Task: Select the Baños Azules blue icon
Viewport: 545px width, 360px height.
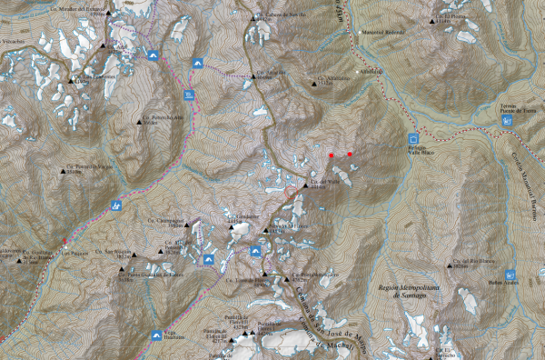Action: pos(510,273)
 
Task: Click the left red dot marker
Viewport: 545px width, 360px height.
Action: pos(332,155)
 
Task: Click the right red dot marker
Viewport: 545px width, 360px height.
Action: pos(350,155)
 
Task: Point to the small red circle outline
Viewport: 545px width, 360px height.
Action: pos(291,192)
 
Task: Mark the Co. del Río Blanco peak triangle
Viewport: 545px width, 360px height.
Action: pos(445,266)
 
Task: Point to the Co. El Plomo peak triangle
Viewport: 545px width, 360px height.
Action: pos(432,20)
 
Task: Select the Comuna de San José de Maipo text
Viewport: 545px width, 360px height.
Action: pos(322,318)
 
